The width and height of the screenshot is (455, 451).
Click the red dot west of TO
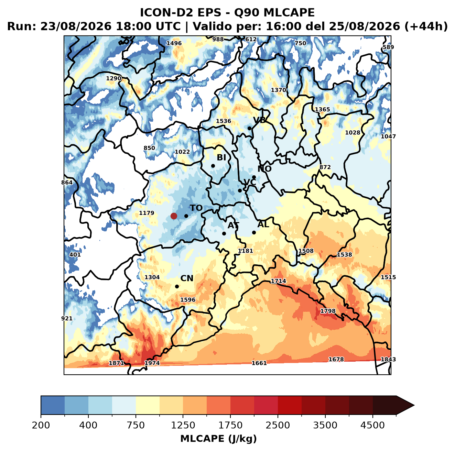pyautogui.click(x=174, y=216)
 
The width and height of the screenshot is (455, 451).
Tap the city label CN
pyautogui.click(x=186, y=278)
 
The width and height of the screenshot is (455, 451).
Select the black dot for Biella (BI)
pyautogui.click(x=213, y=166)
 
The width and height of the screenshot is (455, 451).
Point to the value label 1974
pyautogui.click(x=152, y=363)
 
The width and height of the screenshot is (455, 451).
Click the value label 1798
pyautogui.click(x=328, y=311)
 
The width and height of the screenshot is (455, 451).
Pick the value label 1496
pyautogui.click(x=174, y=43)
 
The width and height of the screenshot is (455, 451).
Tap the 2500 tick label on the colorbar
pyautogui.click(x=278, y=425)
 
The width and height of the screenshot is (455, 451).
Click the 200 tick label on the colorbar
pyautogui.click(x=41, y=425)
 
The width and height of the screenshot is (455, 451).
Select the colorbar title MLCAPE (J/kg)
pyautogui.click(x=218, y=439)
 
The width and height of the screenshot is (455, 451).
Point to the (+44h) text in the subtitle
pyautogui.click(x=426, y=26)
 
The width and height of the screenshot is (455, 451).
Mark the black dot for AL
pyautogui.click(x=254, y=232)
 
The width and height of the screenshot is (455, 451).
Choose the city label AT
pyautogui.click(x=233, y=225)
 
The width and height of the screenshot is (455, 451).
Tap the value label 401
pyautogui.click(x=75, y=255)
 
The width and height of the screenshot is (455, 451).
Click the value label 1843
pyautogui.click(x=388, y=359)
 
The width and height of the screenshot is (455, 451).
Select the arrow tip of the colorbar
pyautogui.click(x=414, y=406)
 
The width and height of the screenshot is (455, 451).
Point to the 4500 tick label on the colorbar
pyautogui.click(x=372, y=425)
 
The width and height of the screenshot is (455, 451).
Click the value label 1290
pyautogui.click(x=113, y=78)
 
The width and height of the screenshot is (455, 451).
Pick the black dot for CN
pyautogui.click(x=177, y=286)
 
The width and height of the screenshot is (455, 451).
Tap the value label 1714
pyautogui.click(x=278, y=281)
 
